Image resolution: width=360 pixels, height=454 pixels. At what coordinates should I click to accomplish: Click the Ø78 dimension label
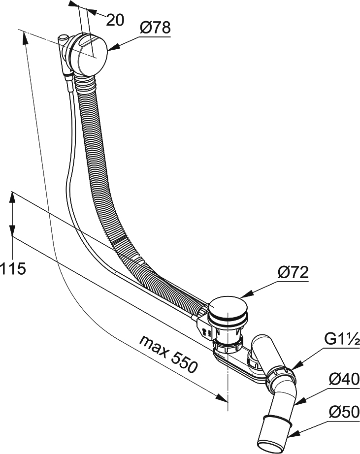pos(154,28)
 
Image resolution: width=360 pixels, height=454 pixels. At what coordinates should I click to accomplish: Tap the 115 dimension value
pos(13,269)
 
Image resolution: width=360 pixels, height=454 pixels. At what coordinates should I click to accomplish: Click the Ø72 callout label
pos(292,272)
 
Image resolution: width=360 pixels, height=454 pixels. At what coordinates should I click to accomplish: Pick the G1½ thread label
pos(342,340)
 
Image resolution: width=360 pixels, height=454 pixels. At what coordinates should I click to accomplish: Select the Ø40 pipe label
pos(343,379)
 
